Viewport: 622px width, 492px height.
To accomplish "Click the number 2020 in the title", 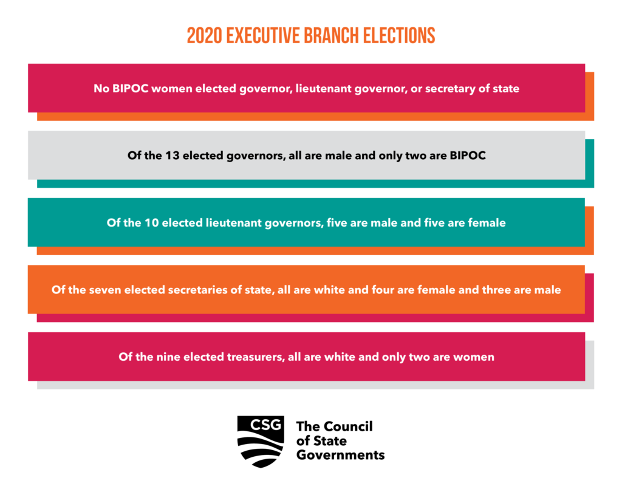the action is (204, 36).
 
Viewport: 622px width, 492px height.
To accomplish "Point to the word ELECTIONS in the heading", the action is (399, 36).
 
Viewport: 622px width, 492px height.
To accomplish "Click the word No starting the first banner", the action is (101, 89).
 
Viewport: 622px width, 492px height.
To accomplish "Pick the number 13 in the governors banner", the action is (173, 155).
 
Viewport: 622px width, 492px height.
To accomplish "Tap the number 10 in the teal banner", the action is (151, 222).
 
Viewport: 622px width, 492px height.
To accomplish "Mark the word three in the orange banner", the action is (496, 290).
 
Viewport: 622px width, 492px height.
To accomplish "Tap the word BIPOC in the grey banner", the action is (468, 155).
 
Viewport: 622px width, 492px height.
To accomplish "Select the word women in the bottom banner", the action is (474, 357).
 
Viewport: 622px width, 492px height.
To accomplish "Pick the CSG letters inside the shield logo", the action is (266, 425).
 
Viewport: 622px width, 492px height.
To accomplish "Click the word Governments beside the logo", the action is (340, 455).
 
